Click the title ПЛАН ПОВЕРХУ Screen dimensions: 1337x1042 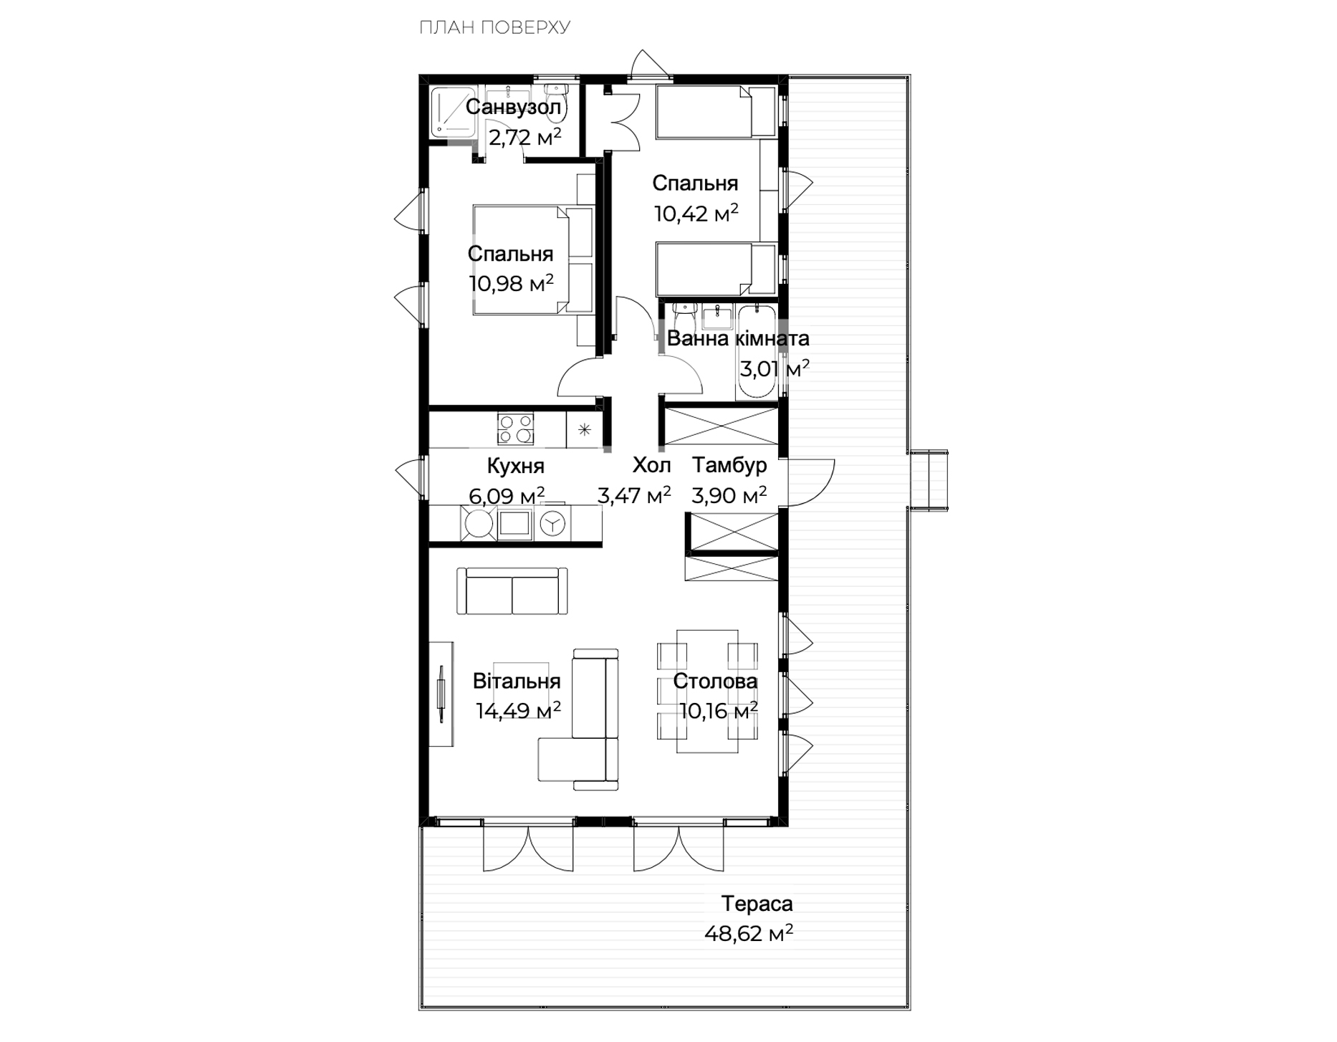coord(494,28)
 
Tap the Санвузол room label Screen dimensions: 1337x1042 coord(513,107)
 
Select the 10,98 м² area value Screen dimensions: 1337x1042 coord(512,283)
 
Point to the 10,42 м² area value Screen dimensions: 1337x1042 coord(696,213)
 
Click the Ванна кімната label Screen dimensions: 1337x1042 coord(738,338)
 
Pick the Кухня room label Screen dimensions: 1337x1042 coord(515,467)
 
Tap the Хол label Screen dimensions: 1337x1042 coord(651,466)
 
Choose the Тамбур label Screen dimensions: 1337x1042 coord(729,465)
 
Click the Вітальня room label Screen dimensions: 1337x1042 coord(517,681)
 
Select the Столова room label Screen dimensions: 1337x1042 coord(715,681)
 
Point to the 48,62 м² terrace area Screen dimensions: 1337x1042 coord(749,933)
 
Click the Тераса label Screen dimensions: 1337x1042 coord(757,904)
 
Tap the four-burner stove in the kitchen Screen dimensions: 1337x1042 coord(516,429)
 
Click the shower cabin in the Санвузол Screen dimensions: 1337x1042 coord(454,112)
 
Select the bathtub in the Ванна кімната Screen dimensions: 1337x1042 coord(756,353)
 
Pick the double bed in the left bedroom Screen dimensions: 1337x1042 coord(533,260)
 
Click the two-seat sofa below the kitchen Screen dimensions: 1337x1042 coord(512,591)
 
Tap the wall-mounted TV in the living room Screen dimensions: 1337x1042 coord(441,694)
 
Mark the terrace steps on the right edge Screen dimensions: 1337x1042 coord(929,480)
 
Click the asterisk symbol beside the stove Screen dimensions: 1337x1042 coord(585,429)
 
